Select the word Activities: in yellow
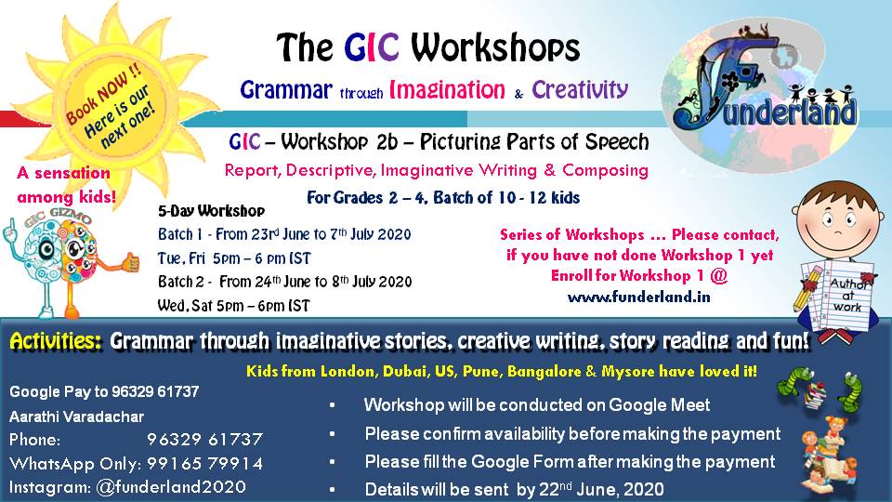(56, 342)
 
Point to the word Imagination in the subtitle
(448, 90)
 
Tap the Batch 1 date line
(284, 234)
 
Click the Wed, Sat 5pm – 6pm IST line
(234, 305)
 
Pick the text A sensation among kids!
(63, 185)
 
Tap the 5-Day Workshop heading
(212, 211)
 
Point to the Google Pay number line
(104, 392)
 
